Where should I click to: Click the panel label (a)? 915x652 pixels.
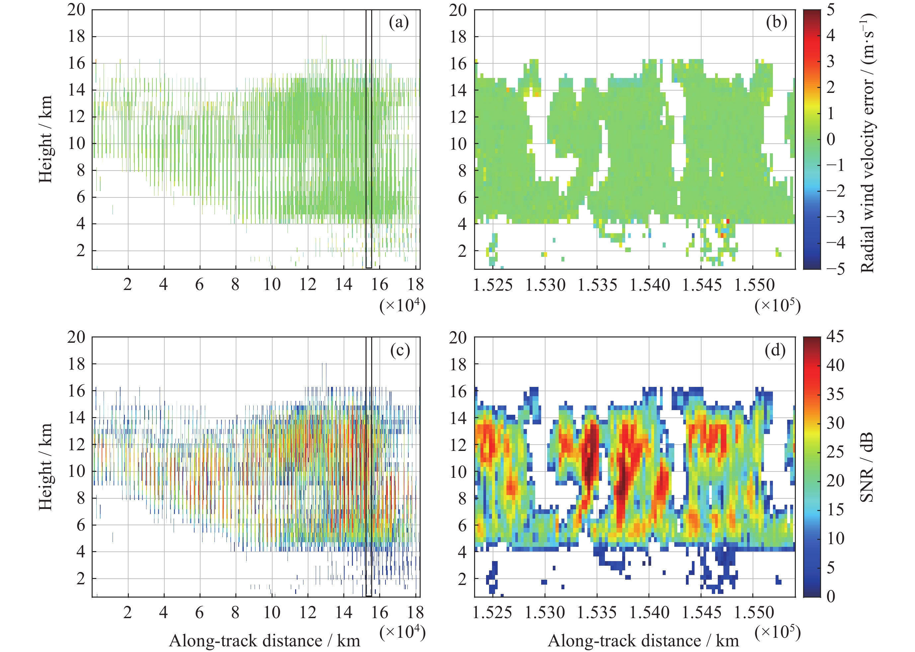(x=398, y=23)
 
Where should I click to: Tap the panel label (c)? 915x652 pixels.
(x=400, y=350)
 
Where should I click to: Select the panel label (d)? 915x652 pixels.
(x=775, y=350)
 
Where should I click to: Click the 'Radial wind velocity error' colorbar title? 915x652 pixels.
(x=868, y=143)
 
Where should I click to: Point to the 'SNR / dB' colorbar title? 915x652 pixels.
(x=868, y=467)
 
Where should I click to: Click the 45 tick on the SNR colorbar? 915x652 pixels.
(x=835, y=336)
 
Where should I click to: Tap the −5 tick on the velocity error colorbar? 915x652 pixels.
(x=835, y=268)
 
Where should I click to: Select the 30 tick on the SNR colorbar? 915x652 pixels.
(x=835, y=423)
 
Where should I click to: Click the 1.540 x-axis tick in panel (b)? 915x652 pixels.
(x=649, y=285)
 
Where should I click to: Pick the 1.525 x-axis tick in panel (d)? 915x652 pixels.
(x=492, y=613)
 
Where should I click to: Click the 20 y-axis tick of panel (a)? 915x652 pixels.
(x=76, y=10)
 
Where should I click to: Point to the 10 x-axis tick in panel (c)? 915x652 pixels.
(x=272, y=613)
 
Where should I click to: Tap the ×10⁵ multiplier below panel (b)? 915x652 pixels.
(x=777, y=306)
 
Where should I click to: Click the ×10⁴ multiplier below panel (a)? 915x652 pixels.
(x=402, y=306)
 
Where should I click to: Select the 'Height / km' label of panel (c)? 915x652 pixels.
(x=45, y=467)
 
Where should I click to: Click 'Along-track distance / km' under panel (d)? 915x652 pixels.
(x=643, y=641)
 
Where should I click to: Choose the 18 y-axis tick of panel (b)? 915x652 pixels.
(x=458, y=36)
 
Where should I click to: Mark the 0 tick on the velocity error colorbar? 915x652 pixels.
(x=830, y=139)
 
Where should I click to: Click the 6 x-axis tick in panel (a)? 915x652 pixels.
(x=200, y=285)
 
